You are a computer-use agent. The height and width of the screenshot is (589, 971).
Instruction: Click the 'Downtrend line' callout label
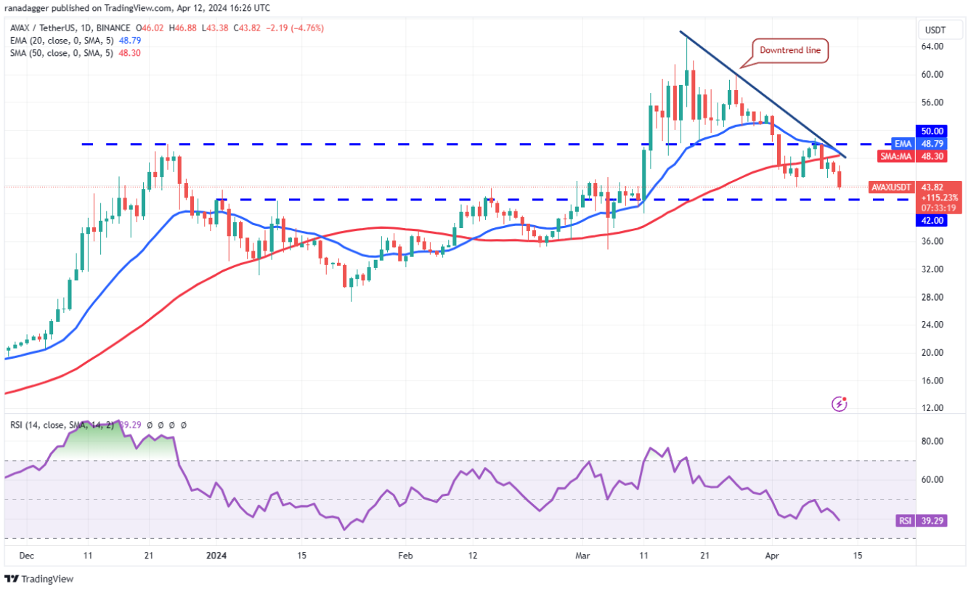click(x=789, y=50)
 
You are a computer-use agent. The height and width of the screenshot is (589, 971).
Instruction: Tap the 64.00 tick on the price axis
click(x=932, y=46)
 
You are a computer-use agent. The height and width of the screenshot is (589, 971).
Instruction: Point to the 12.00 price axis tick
click(x=932, y=408)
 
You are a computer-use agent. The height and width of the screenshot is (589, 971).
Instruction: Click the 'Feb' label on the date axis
click(x=405, y=556)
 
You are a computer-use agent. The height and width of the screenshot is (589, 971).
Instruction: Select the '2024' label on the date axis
click(x=216, y=556)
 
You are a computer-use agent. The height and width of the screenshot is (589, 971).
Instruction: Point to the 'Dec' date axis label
click(x=26, y=556)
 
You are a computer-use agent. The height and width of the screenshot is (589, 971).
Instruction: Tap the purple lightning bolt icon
click(x=840, y=403)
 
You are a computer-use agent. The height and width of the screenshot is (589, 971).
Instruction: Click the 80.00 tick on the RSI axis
click(x=932, y=441)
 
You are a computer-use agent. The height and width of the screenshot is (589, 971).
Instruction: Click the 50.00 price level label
click(x=932, y=131)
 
